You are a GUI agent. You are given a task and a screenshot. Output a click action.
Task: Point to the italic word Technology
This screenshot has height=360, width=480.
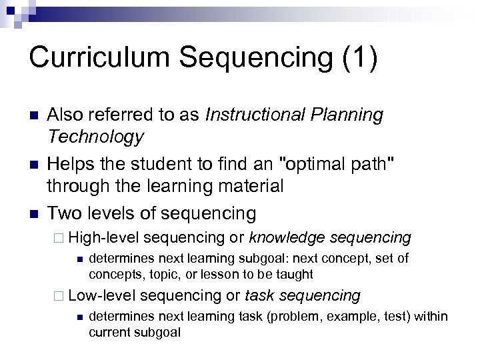click(95, 137)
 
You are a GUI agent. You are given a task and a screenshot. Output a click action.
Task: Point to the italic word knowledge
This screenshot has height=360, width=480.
click(287, 237)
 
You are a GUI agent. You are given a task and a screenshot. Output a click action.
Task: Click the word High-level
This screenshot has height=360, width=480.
click(104, 237)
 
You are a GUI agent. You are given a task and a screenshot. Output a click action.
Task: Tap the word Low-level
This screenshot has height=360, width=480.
click(103, 295)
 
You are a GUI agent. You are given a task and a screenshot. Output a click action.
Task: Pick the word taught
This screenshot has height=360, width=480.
click(295, 274)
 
